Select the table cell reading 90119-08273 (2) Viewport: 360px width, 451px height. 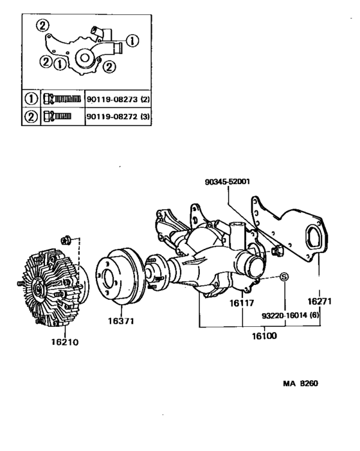pos(118,99)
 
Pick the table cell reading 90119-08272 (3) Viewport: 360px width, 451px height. pos(118,117)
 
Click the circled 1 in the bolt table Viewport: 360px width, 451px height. pos(29,99)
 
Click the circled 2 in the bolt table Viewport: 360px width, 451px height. pos(29,117)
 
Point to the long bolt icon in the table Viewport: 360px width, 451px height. pos(62,99)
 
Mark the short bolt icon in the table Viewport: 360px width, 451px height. pos(57,117)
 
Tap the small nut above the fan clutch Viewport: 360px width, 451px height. pos(65,241)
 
